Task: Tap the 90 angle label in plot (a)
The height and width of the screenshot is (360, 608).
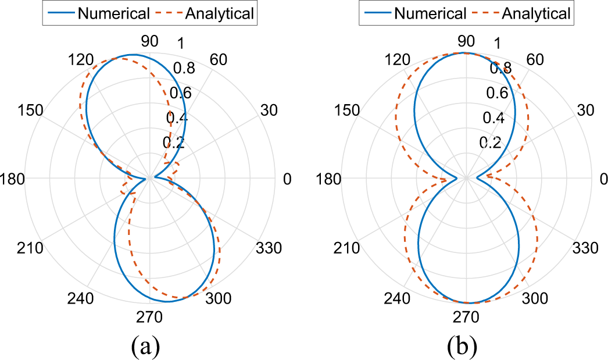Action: click(x=150, y=41)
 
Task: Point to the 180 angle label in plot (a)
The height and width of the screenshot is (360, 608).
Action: click(x=13, y=179)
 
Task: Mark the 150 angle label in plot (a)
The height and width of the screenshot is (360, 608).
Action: click(x=31, y=110)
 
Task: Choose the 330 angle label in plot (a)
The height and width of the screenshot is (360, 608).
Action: click(x=269, y=249)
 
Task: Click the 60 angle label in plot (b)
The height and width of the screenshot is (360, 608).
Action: click(x=535, y=59)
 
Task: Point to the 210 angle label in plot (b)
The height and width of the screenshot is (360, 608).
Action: click(x=347, y=249)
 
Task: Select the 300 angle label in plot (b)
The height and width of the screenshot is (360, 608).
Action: click(x=535, y=299)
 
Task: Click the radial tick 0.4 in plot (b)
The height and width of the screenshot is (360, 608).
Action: click(x=495, y=118)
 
